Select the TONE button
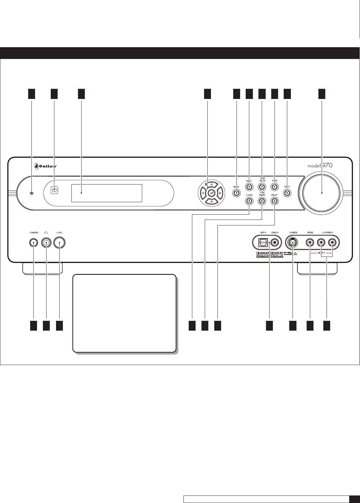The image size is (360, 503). tap(274, 187)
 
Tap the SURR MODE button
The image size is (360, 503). tap(262, 187)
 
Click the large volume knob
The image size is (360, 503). tap(322, 193)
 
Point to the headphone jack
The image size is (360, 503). tap(46, 243)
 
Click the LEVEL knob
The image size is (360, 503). tap(59, 243)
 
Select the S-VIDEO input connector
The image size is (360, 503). tap(292, 243)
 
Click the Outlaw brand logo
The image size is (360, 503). tap(46, 166)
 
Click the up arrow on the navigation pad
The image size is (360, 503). tap(212, 184)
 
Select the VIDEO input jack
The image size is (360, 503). tap(310, 243)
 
